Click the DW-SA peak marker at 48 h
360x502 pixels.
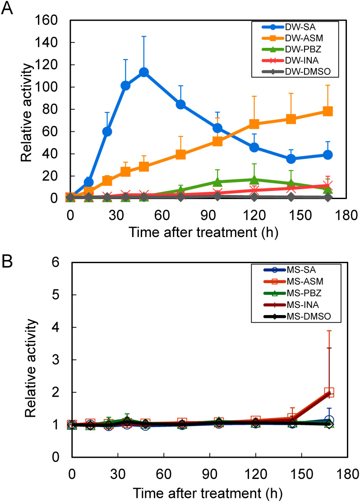coord(144,72)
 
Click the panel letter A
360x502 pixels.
coord(7,9)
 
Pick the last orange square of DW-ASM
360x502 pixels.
coord(328,112)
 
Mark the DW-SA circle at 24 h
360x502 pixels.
coord(107,131)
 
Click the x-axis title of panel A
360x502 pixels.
coord(203,232)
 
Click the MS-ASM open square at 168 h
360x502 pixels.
coord(329,392)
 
